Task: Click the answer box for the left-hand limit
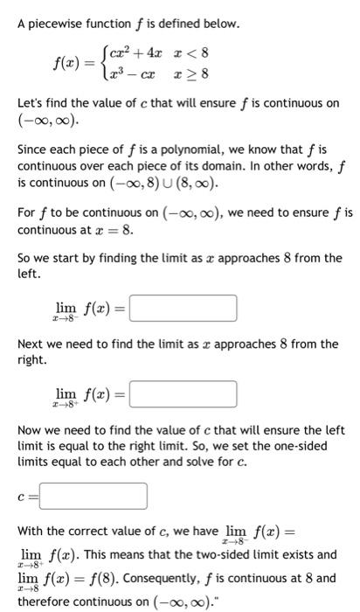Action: pyautogui.click(x=183, y=309)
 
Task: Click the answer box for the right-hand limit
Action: pyautogui.click(x=183, y=394)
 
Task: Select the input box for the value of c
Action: pyautogui.click(x=93, y=497)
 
